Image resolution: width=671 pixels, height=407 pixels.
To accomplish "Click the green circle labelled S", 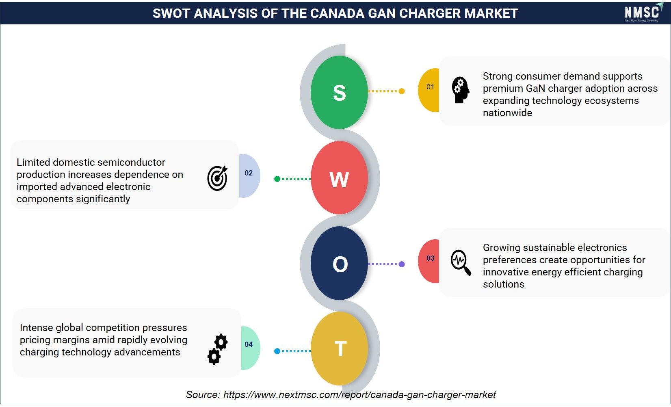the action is pos(339,92).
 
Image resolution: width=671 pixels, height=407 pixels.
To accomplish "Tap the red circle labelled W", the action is pos(339,178).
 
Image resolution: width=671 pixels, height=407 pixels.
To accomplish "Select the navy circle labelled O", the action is pos(339,263).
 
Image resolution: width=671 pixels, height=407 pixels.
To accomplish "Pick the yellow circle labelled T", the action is pos(339,348).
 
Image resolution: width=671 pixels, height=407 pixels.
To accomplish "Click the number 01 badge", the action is pos(429,90).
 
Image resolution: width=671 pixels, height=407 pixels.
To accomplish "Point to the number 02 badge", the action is pos(249,176).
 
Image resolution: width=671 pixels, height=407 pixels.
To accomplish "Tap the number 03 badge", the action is pos(429,261).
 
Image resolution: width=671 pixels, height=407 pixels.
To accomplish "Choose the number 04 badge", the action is pos(251,348).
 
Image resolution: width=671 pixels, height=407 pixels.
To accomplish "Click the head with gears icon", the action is pos(461,90).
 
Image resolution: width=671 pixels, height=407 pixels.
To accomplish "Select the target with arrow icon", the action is pos(217,178).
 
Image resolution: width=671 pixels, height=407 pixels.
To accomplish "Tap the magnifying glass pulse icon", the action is pos(461,262).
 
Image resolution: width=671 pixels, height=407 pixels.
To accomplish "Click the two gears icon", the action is pos(217,349).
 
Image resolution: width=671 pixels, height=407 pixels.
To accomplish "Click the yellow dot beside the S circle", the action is pos(402,91).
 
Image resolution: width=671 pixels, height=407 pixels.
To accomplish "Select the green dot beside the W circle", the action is pos(277,179).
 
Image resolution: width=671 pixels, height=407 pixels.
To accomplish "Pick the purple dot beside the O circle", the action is pos(402,264).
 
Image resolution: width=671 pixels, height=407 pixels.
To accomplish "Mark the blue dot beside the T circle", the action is pos(277,351).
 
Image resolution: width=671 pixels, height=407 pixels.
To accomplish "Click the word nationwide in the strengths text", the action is pos(507,113).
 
